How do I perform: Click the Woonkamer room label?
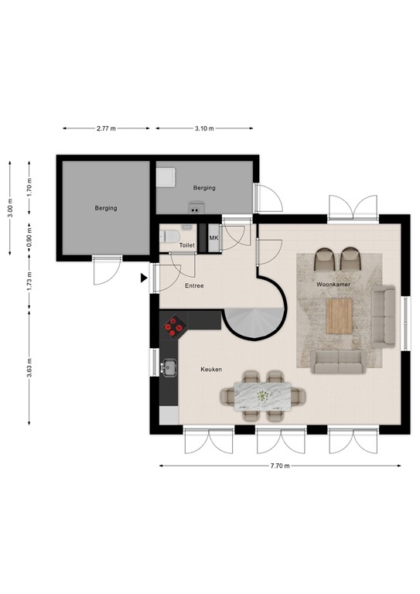click(x=333, y=285)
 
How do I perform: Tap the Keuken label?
click(x=211, y=370)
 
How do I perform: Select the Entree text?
click(x=195, y=286)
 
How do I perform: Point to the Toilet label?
click(x=187, y=245)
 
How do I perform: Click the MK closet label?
click(x=213, y=238)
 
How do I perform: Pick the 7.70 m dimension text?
click(x=281, y=466)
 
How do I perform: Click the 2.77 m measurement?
click(x=107, y=128)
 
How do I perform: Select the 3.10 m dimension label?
click(x=204, y=128)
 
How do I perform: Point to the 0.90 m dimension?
click(x=29, y=233)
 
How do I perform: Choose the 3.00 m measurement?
click(x=10, y=210)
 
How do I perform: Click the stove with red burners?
click(x=172, y=328)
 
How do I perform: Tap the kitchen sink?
click(x=169, y=368)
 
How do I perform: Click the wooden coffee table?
click(x=339, y=316)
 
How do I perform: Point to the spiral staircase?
click(x=254, y=319)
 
